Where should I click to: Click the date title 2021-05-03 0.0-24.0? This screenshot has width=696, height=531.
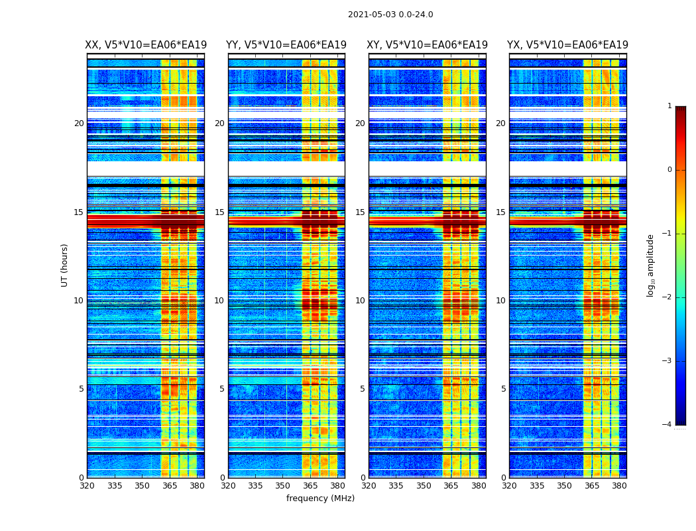click(390, 15)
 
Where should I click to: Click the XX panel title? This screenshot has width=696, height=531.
click(146, 45)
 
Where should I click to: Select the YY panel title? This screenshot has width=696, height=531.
click(286, 45)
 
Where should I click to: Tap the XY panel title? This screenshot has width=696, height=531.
click(428, 45)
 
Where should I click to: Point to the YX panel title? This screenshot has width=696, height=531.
click(567, 45)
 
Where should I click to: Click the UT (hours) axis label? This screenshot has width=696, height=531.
click(64, 265)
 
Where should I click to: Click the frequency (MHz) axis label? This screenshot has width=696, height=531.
click(320, 498)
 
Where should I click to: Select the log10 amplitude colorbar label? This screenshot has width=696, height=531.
click(650, 265)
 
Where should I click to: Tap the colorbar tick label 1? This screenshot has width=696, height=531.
click(669, 106)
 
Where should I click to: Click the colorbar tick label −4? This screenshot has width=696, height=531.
click(667, 425)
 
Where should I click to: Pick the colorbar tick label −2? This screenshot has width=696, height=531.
click(667, 297)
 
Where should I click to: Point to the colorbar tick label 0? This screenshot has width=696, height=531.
click(669, 170)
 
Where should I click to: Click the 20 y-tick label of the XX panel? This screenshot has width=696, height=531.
click(79, 123)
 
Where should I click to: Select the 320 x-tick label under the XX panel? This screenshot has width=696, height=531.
click(87, 486)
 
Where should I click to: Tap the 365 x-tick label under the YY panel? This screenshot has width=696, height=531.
click(310, 486)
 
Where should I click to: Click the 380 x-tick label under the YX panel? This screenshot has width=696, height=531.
click(619, 486)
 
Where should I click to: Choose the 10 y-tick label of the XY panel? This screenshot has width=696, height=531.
click(360, 301)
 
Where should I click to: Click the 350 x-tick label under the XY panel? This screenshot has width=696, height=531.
click(424, 486)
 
